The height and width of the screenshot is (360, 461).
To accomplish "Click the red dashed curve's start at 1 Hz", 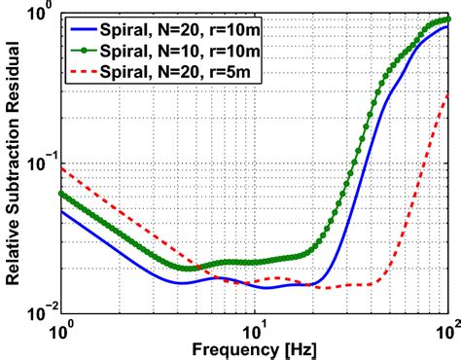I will click(x=61, y=166).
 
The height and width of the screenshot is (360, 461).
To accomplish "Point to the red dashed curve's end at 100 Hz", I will click(x=448, y=91).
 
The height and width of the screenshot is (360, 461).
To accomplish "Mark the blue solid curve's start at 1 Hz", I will click(x=61, y=211).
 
